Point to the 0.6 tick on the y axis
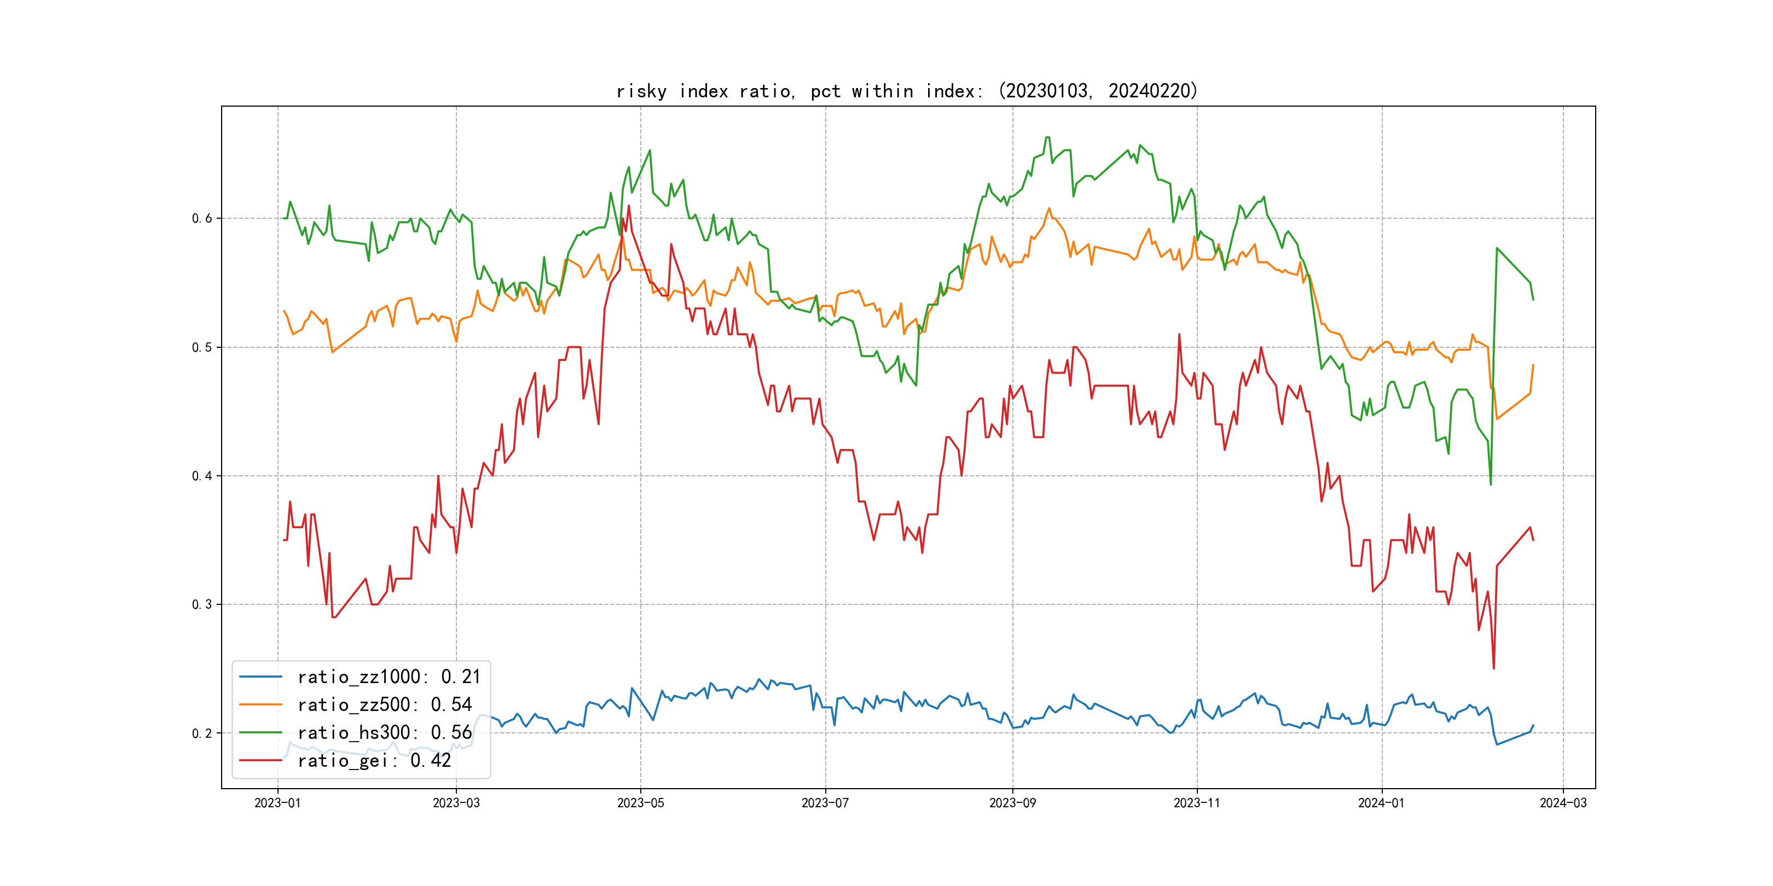click(x=202, y=218)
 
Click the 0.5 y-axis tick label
click(x=202, y=347)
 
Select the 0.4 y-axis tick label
click(x=202, y=475)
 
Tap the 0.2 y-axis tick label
click(x=202, y=733)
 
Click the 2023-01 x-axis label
click(x=277, y=803)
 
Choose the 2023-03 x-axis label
click(x=456, y=803)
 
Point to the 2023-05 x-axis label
click(x=640, y=803)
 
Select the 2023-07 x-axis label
click(x=825, y=803)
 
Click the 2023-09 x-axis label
click(x=1012, y=803)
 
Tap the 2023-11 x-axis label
click(x=1196, y=803)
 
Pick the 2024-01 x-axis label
click(x=1381, y=803)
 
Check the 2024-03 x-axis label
click(x=1562, y=803)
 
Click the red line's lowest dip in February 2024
click(x=1493, y=668)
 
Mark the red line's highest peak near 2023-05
click(x=628, y=206)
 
